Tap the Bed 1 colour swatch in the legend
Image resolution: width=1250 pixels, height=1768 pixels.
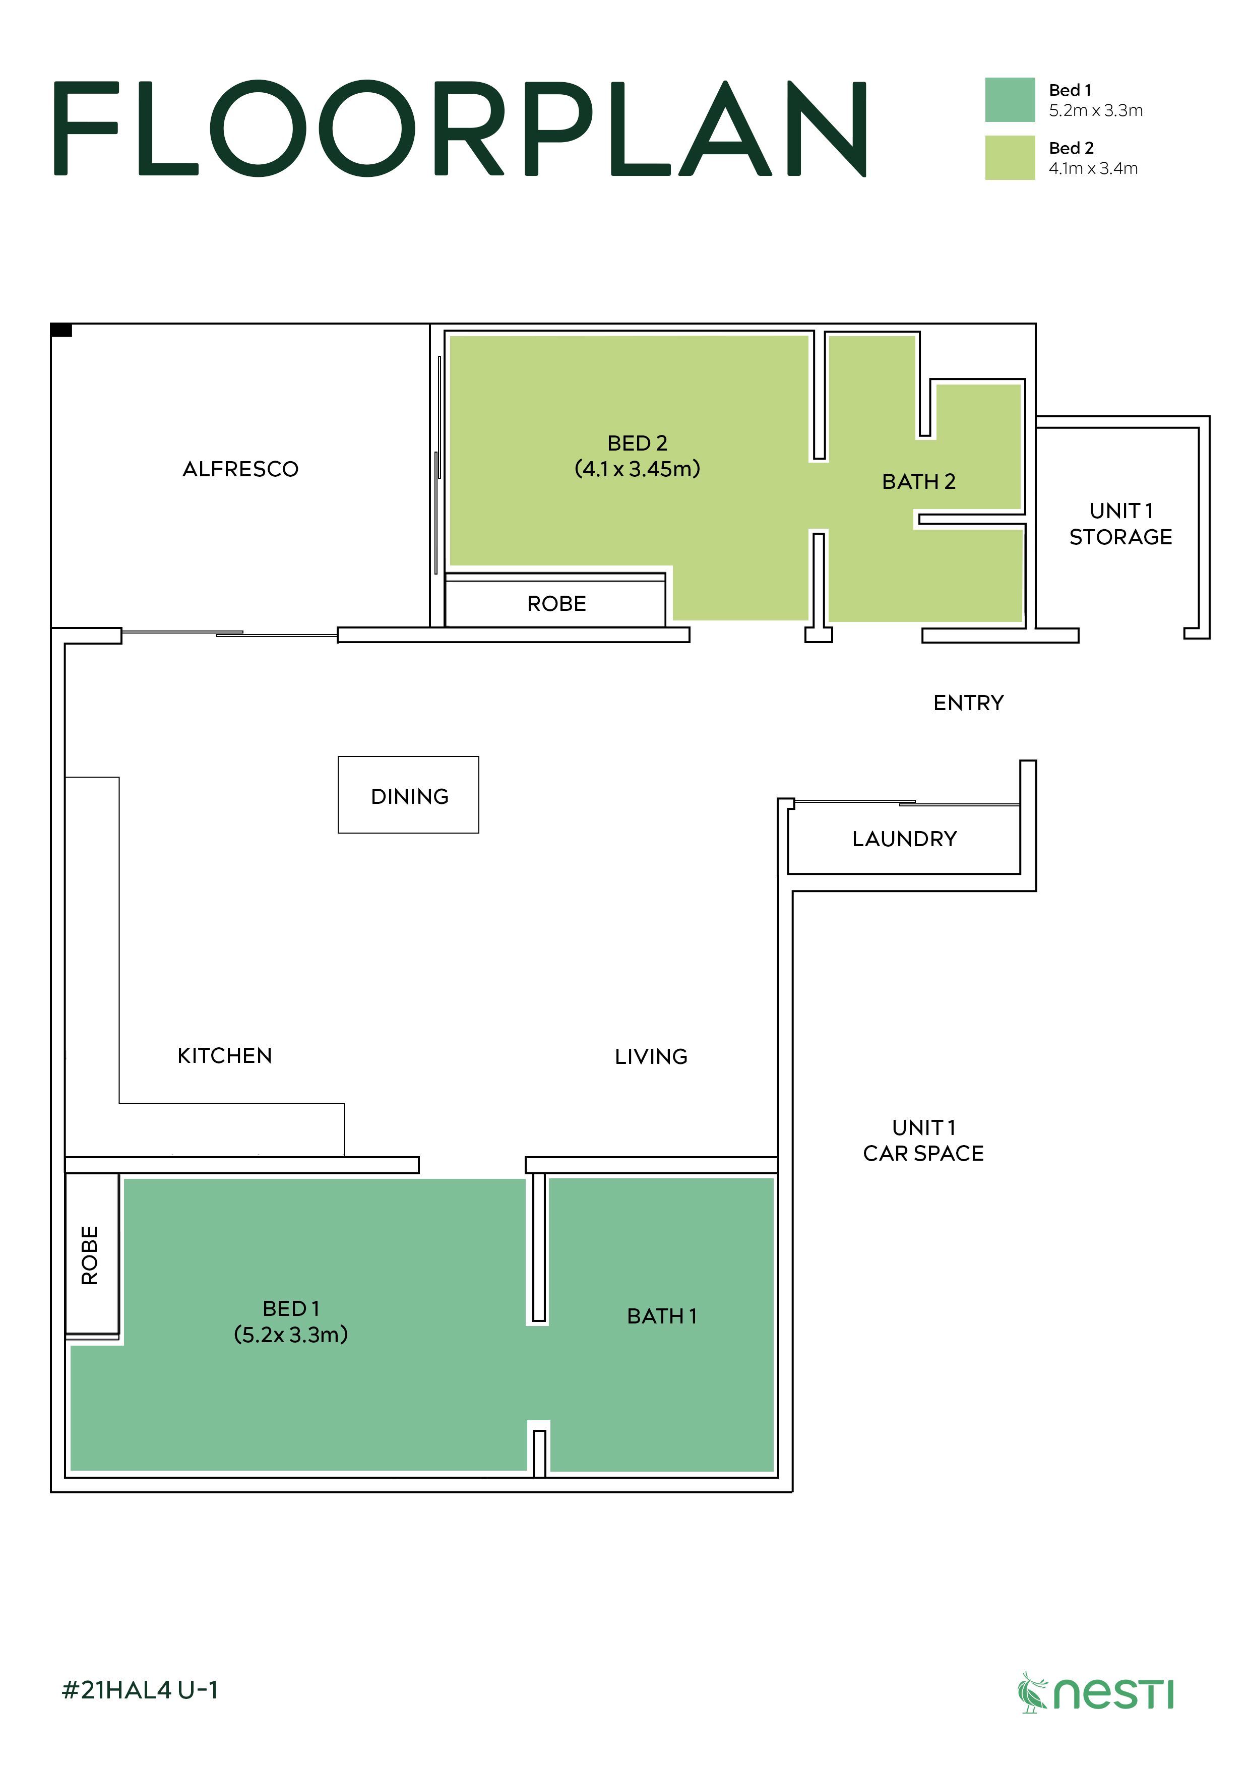[1009, 99]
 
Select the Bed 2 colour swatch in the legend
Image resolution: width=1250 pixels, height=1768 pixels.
[1009, 158]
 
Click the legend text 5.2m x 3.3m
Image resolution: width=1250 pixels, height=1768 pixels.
[1095, 111]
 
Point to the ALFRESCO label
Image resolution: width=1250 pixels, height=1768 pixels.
[240, 469]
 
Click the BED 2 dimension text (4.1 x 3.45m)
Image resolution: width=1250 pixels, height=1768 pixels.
[637, 469]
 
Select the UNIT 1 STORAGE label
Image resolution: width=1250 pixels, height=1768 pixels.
[1120, 524]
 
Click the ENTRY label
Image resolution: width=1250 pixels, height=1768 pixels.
[968, 703]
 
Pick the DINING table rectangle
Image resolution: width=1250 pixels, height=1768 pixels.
[408, 795]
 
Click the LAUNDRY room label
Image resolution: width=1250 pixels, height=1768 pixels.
[904, 839]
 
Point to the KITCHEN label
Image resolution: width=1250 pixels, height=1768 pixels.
[224, 1056]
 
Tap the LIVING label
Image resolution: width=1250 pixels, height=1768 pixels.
[651, 1056]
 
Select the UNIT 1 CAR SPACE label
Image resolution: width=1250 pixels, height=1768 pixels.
[923, 1141]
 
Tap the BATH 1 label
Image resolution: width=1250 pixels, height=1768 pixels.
[662, 1316]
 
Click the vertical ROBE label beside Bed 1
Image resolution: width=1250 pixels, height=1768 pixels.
[89, 1255]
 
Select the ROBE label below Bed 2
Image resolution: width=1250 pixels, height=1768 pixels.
[556, 604]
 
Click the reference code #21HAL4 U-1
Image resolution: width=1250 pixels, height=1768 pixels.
[140, 1690]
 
